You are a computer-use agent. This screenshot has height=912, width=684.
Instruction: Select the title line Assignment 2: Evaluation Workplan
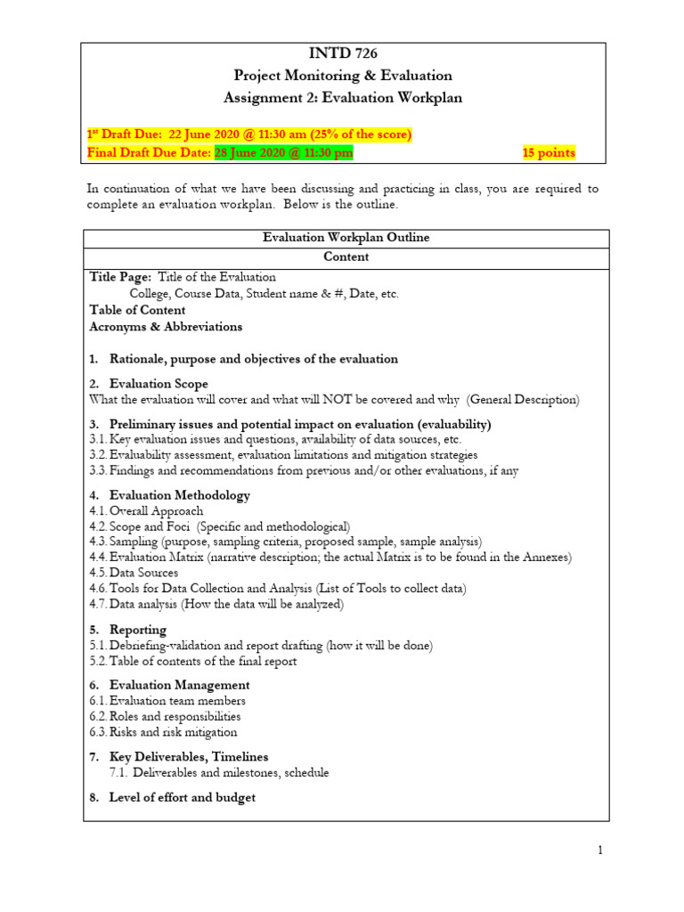coord(343,97)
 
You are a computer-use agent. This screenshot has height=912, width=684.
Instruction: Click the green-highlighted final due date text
coord(283,152)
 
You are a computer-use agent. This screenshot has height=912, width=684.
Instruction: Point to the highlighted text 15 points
coord(549,152)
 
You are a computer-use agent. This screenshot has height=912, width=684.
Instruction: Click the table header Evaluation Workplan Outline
coord(346,238)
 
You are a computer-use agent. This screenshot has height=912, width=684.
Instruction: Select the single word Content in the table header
coord(346,256)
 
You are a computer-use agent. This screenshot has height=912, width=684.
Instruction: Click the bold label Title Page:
coord(121,277)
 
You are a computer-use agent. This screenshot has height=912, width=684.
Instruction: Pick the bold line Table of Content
coord(138,310)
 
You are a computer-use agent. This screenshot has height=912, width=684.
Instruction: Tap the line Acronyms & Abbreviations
coord(166,326)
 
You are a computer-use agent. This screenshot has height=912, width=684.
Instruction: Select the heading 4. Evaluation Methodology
coord(170,494)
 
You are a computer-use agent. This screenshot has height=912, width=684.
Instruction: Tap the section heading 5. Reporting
coord(128,630)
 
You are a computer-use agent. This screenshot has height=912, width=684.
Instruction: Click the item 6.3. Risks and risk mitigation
coord(163,732)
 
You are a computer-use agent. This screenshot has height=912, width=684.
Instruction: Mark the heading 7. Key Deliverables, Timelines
coord(179,756)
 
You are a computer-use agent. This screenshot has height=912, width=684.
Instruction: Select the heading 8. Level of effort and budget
coord(173,797)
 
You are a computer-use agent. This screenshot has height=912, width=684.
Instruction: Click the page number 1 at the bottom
coord(601,851)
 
